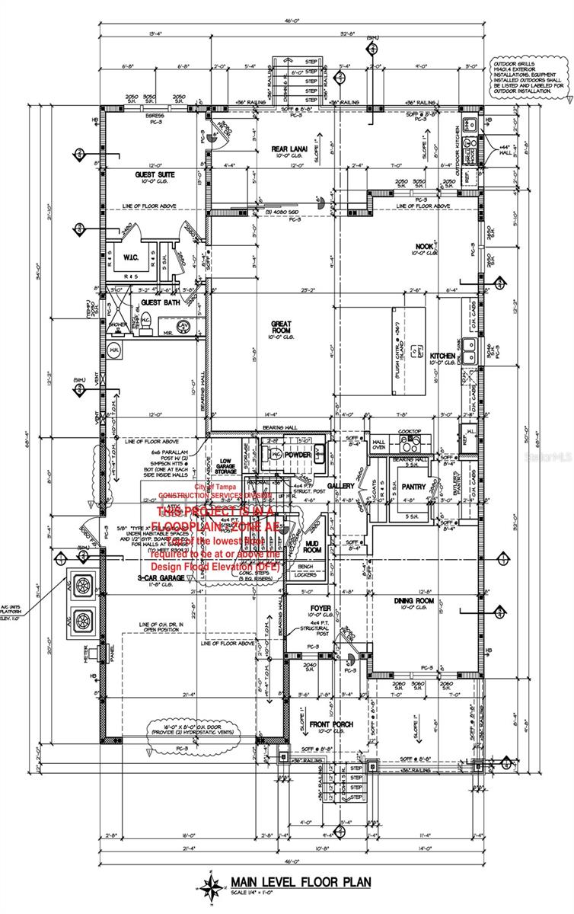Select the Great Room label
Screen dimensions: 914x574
(x=282, y=326)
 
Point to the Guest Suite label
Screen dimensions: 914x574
(x=155, y=175)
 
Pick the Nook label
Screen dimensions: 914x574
(x=424, y=246)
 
